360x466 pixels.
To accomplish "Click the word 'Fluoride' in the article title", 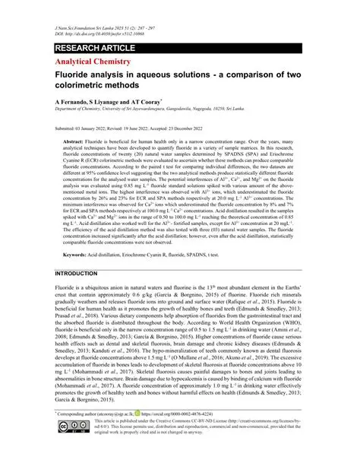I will coord(75,76).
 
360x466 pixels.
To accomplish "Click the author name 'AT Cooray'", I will coord(166,100).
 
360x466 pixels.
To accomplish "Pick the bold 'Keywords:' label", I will coord(75,233).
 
